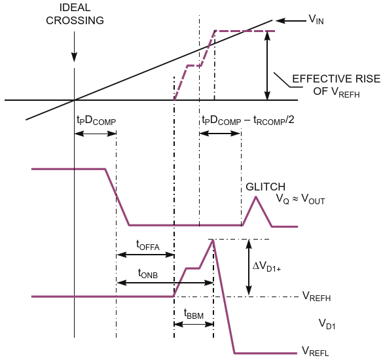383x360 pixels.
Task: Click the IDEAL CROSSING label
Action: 75,14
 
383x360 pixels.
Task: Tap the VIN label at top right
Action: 316,19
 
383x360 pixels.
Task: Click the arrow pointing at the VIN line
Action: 291,21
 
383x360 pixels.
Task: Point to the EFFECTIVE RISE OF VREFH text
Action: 337,86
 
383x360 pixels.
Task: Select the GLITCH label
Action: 266,187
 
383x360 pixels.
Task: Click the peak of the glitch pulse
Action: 256,196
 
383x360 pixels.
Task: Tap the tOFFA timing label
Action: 148,245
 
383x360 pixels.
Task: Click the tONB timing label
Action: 148,274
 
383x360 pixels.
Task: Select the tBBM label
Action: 194,314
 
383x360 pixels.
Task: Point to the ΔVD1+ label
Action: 266,266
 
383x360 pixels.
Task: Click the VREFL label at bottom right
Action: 316,351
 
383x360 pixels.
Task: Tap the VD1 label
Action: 327,324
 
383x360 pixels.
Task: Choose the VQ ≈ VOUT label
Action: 301,199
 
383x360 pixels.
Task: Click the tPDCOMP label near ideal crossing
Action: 96,120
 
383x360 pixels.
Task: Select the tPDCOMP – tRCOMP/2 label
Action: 248,120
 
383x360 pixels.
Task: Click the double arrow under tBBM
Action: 194,325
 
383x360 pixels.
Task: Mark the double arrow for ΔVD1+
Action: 249,267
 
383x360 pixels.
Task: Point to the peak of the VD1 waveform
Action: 213,240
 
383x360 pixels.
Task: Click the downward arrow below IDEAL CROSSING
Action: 74,46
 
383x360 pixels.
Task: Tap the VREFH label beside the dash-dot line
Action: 317,297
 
